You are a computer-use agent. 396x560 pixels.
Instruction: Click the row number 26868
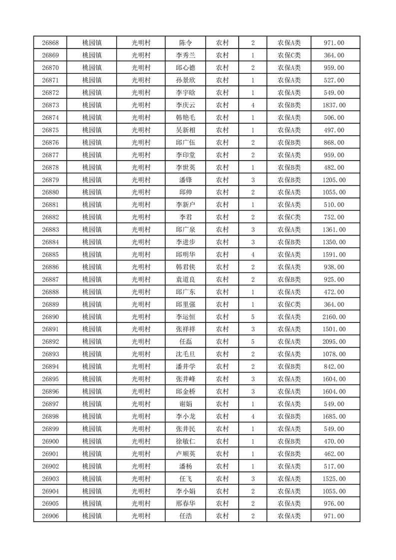coord(50,43)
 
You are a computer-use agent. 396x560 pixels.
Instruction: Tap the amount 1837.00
coord(334,105)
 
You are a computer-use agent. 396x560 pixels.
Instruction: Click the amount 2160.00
coord(334,317)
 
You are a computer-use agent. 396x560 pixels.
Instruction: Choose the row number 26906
coord(50,516)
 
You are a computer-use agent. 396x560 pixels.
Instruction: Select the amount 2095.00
coord(334,342)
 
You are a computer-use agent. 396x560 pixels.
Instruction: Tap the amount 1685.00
coord(334,416)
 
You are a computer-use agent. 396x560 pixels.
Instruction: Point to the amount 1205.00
coord(334,180)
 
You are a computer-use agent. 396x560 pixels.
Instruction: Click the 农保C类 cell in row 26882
coord(289,217)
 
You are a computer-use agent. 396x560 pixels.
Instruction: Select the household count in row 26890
coord(253,317)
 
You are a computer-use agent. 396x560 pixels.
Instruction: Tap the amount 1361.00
coord(334,230)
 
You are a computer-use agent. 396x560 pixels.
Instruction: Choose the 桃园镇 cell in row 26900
coord(92,441)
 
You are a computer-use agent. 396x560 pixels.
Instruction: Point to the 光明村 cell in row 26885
coord(141,255)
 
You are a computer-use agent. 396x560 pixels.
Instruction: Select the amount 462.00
coord(334,454)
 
